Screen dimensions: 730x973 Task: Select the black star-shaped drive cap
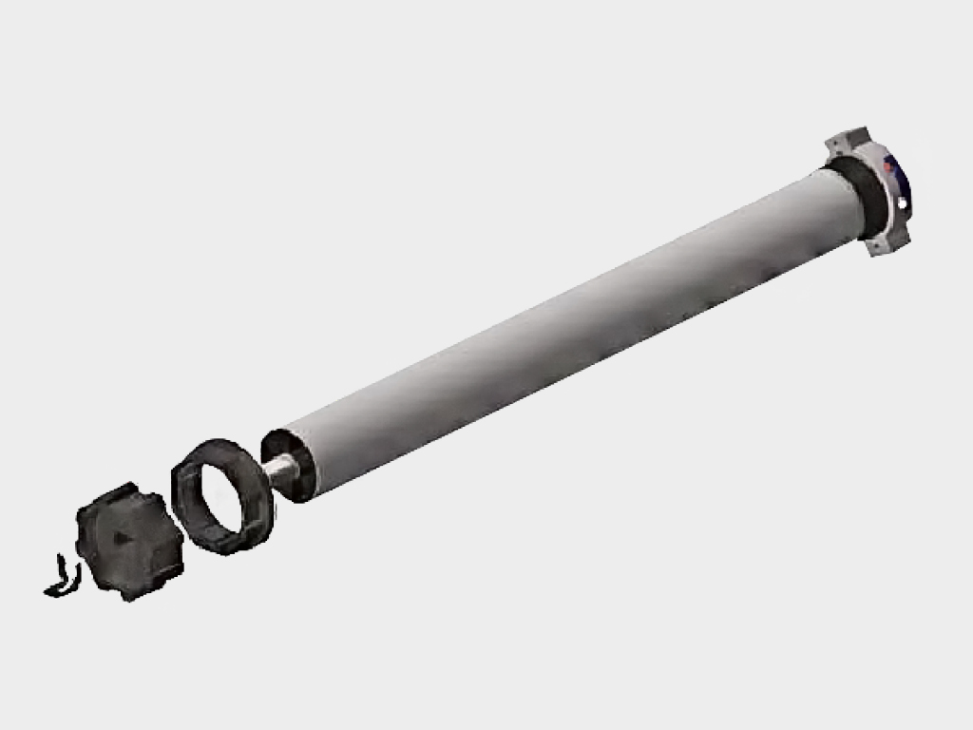click(x=128, y=541)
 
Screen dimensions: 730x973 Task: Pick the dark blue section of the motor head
click(x=899, y=185)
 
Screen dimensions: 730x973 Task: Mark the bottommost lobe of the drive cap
click(x=127, y=593)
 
